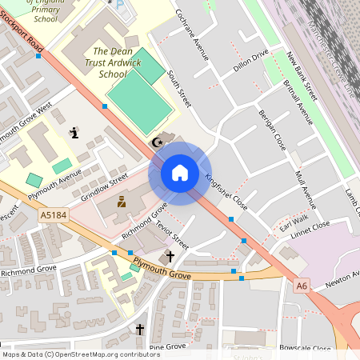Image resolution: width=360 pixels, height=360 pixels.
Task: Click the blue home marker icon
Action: point(179,172)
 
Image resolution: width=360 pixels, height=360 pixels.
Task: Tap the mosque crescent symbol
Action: point(157,143)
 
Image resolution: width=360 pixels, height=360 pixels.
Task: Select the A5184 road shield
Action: point(53,215)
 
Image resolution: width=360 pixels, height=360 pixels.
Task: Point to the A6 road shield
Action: point(301,284)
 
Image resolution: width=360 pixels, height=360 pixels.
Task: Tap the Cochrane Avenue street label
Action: point(192,36)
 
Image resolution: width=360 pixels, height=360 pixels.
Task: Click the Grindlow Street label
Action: point(104,186)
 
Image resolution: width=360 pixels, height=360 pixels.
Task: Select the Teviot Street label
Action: point(172,234)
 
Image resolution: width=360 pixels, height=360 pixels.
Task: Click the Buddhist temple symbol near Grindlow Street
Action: point(122,202)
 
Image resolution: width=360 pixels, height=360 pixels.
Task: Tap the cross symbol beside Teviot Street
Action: point(169,257)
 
